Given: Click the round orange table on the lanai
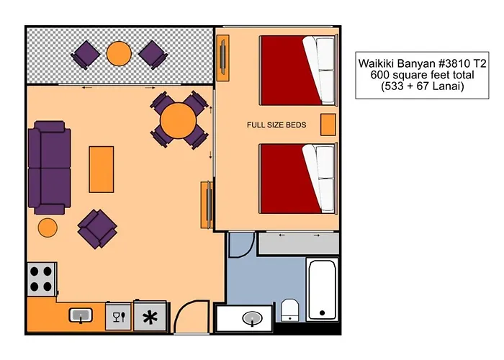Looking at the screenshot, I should click(119, 53).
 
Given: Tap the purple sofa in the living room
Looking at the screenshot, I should click(48, 168).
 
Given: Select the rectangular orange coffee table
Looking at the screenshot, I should click(101, 168).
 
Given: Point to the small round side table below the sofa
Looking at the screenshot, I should click(48, 228).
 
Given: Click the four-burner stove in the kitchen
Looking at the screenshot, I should click(42, 279).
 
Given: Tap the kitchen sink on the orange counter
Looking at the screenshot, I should click(80, 315).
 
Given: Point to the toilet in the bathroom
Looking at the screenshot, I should click(290, 310).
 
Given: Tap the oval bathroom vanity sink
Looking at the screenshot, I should click(252, 318).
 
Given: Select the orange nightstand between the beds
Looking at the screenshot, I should click(328, 125).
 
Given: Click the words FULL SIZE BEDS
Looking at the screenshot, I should click(276, 125).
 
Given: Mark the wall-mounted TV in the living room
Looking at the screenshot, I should click(207, 202).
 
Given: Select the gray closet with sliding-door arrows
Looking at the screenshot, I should click(298, 243).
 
